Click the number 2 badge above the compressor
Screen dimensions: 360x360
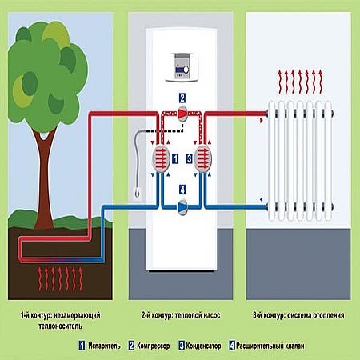point(182,98)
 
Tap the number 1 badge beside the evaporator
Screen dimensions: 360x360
point(175,158)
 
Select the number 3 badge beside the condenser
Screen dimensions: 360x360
point(189,158)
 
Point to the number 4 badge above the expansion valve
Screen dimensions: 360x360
point(182,190)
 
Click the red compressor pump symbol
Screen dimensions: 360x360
point(182,114)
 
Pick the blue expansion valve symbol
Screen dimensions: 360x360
point(182,206)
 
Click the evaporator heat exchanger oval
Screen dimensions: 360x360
point(161,158)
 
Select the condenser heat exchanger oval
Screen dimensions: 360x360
point(203,158)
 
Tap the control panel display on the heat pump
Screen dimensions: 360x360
point(182,67)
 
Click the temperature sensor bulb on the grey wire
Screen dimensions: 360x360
point(137,192)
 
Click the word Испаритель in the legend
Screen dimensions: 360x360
point(104,346)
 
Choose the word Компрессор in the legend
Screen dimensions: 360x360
point(153,346)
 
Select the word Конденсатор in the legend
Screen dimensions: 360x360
point(203,346)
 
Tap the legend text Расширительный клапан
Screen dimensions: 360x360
point(270,346)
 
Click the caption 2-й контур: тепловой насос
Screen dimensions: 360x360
point(181,315)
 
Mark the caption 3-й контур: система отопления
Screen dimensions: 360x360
point(298,315)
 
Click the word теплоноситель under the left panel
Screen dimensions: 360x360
point(60,326)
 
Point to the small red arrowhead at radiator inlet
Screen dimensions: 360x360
point(262,121)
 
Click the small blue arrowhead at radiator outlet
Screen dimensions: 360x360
point(262,199)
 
